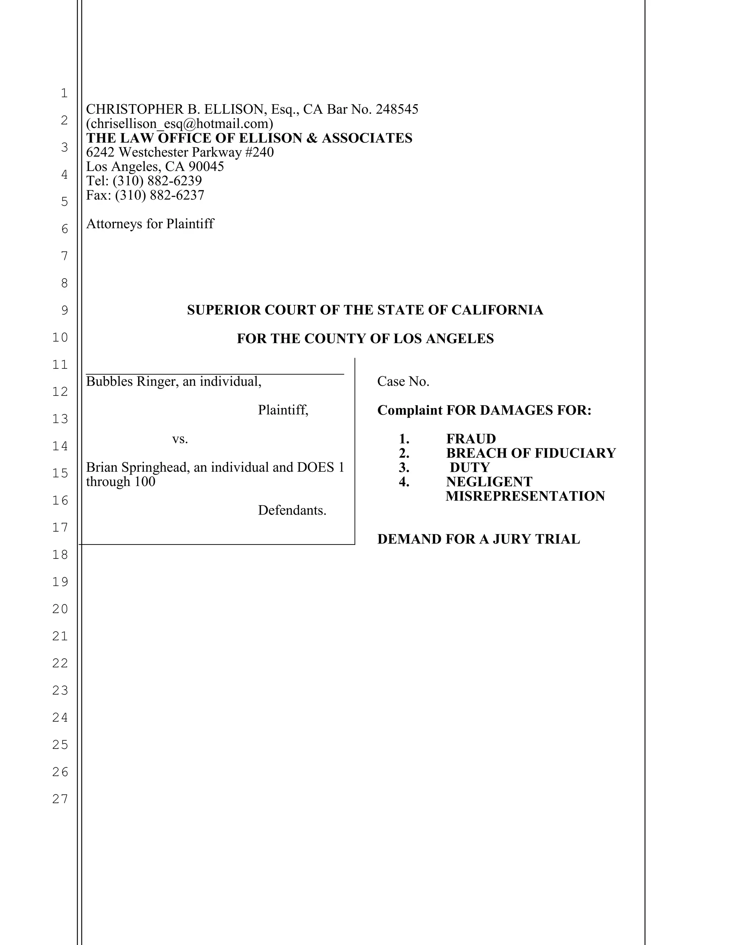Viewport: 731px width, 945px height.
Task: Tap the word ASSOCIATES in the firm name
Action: (367, 138)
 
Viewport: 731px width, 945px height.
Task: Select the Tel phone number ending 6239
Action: (157, 181)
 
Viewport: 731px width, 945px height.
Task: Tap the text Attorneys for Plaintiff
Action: (150, 224)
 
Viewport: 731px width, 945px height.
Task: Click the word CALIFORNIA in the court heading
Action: (497, 310)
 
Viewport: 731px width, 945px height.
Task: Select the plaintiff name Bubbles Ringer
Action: (132, 381)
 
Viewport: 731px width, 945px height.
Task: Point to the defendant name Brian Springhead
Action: (138, 467)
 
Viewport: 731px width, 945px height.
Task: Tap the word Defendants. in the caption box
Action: (292, 511)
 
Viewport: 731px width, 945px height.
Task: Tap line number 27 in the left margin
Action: (61, 799)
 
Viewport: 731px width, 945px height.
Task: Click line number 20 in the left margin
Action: (61, 609)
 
